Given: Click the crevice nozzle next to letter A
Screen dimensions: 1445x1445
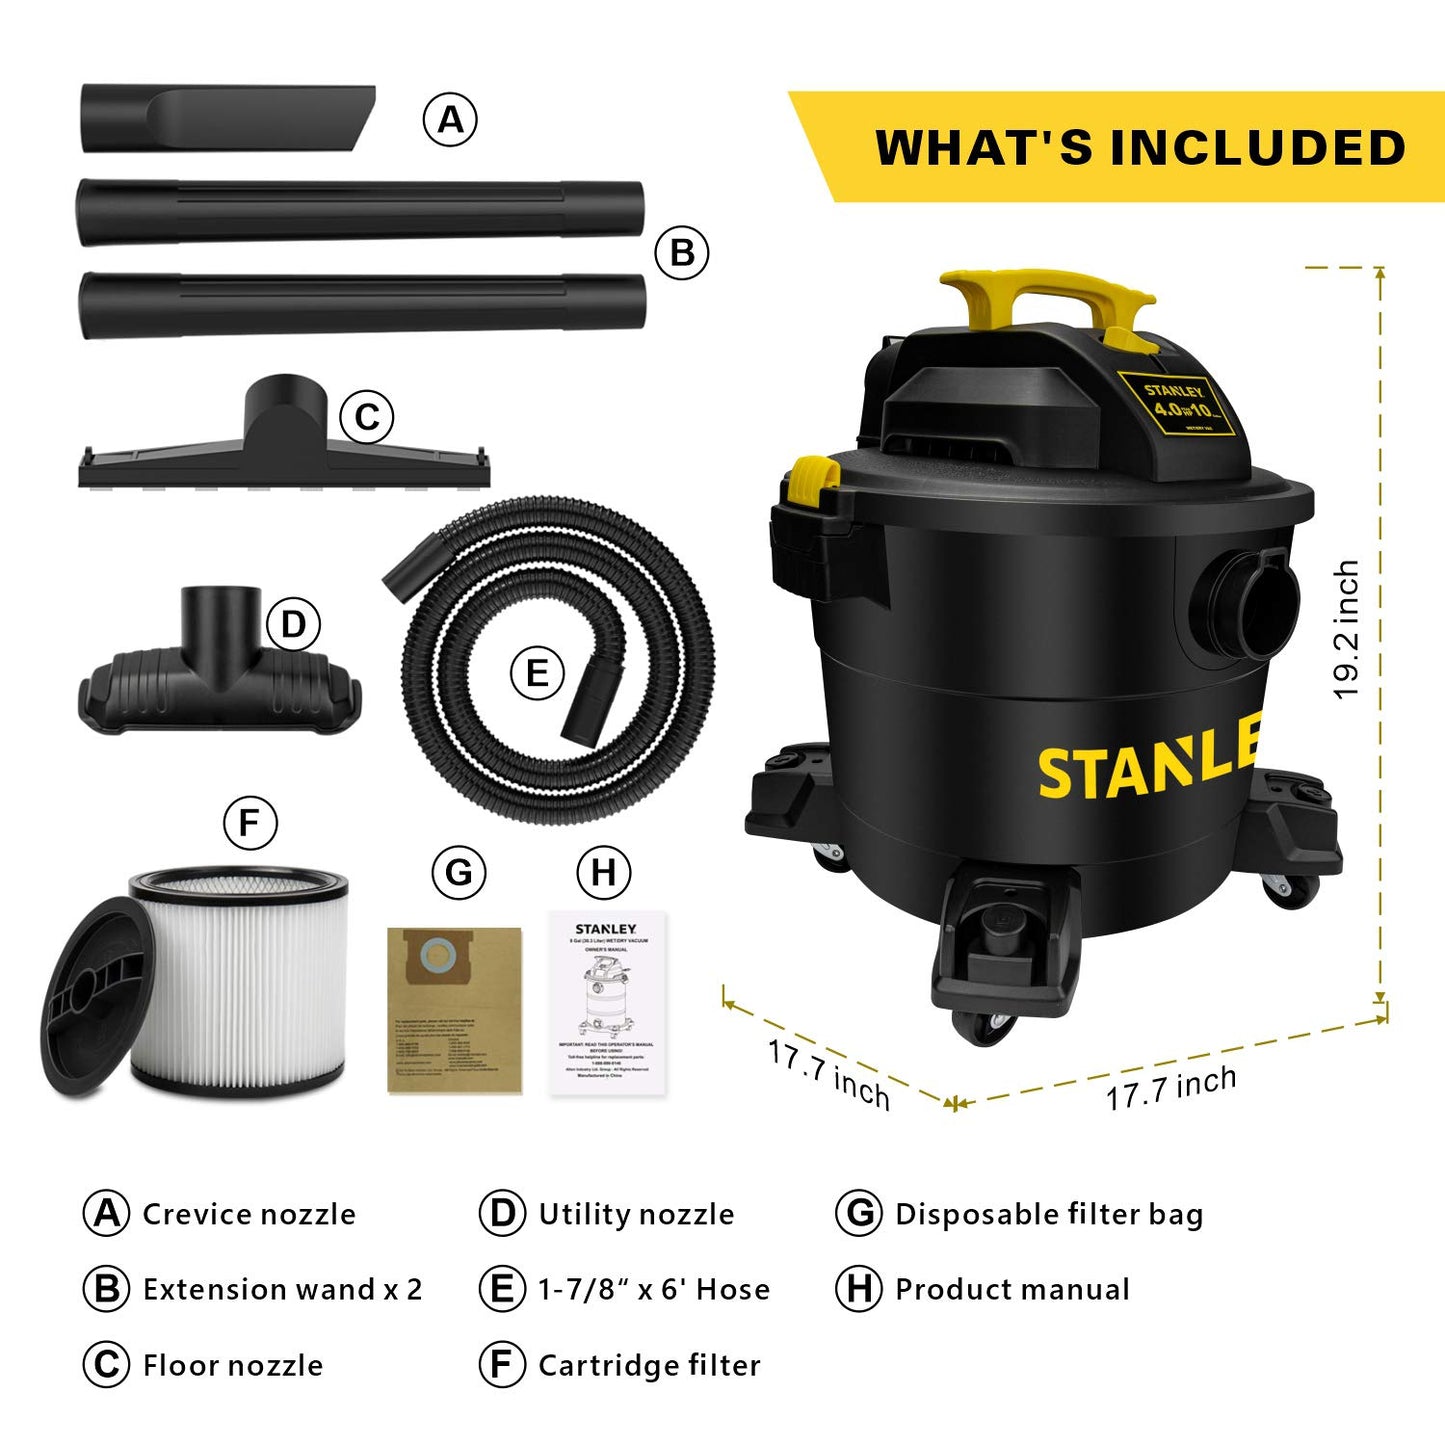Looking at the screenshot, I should click(x=228, y=119).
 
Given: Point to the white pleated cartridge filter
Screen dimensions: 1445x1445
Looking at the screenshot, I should click(x=240, y=985).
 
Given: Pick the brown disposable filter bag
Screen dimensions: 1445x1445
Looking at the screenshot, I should click(x=455, y=1010).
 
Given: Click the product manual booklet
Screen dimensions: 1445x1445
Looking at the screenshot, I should click(x=607, y=1003).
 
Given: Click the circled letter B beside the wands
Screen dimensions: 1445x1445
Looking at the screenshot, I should click(x=682, y=253).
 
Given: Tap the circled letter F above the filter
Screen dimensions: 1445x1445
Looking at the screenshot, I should click(x=250, y=823).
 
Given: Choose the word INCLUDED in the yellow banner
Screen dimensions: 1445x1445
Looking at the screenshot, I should click(x=1258, y=148).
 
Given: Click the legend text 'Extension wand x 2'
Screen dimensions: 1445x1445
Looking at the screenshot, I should click(x=282, y=1290).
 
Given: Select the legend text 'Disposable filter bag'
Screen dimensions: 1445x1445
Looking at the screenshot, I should click(x=1049, y=1214).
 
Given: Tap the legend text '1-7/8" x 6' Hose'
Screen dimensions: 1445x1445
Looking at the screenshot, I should click(x=654, y=1290).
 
